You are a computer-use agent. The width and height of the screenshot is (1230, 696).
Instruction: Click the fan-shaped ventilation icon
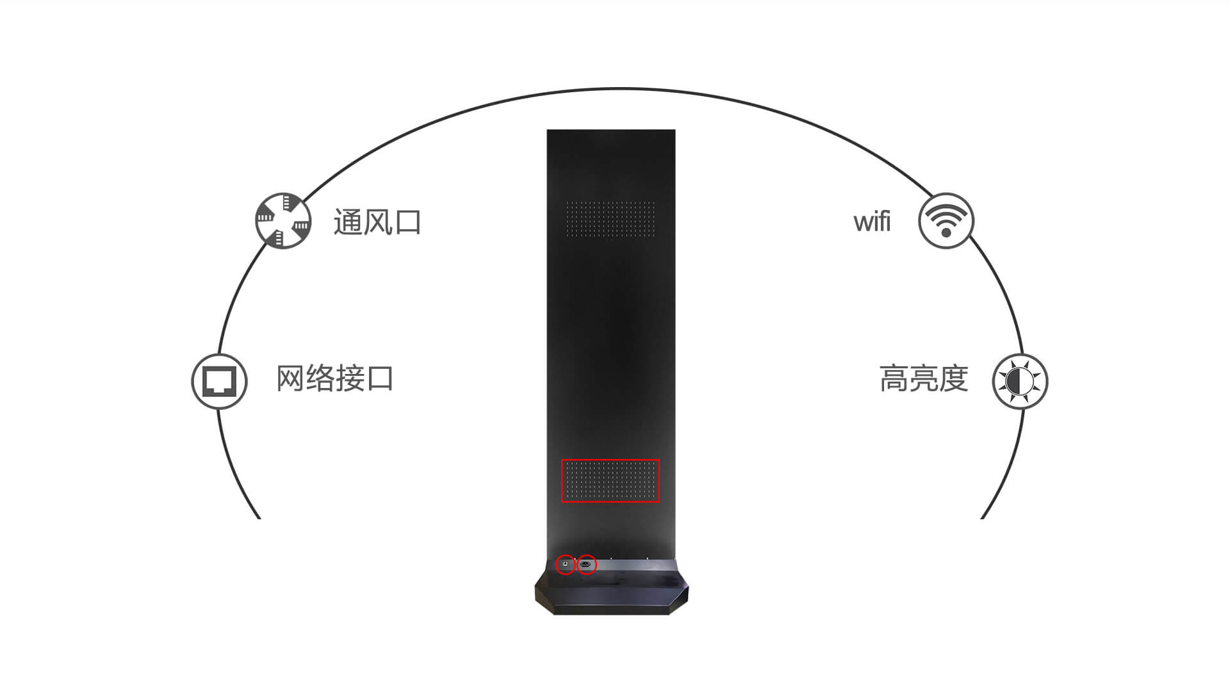tap(283, 220)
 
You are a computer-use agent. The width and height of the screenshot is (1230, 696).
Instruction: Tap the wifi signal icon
tap(946, 220)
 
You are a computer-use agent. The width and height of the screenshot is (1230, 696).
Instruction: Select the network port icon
tap(219, 381)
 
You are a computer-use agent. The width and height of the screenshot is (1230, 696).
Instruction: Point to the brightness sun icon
tap(1020, 381)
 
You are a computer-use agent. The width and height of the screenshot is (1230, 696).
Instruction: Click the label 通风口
tap(377, 222)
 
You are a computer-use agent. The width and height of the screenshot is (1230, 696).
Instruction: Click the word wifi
tap(872, 222)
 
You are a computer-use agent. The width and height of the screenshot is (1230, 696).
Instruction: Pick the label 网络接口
tap(334, 378)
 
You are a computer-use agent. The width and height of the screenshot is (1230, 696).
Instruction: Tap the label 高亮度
tap(923, 378)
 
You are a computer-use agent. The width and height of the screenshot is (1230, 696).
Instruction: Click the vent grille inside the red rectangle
tap(610, 480)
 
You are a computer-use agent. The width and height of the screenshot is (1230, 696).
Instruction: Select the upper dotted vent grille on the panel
tap(610, 218)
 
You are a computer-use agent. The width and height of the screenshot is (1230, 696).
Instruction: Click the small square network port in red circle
tap(565, 564)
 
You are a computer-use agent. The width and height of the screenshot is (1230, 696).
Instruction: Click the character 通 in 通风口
tap(348, 222)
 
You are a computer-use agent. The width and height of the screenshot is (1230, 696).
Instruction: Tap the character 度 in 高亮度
tap(953, 378)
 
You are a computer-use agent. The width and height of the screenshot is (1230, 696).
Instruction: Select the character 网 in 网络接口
tap(290, 378)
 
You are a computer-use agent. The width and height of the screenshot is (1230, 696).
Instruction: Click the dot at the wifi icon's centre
tap(946, 232)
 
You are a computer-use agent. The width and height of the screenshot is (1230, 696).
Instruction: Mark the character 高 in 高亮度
tap(894, 378)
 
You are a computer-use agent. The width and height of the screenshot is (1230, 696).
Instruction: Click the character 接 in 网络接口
tap(350, 378)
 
